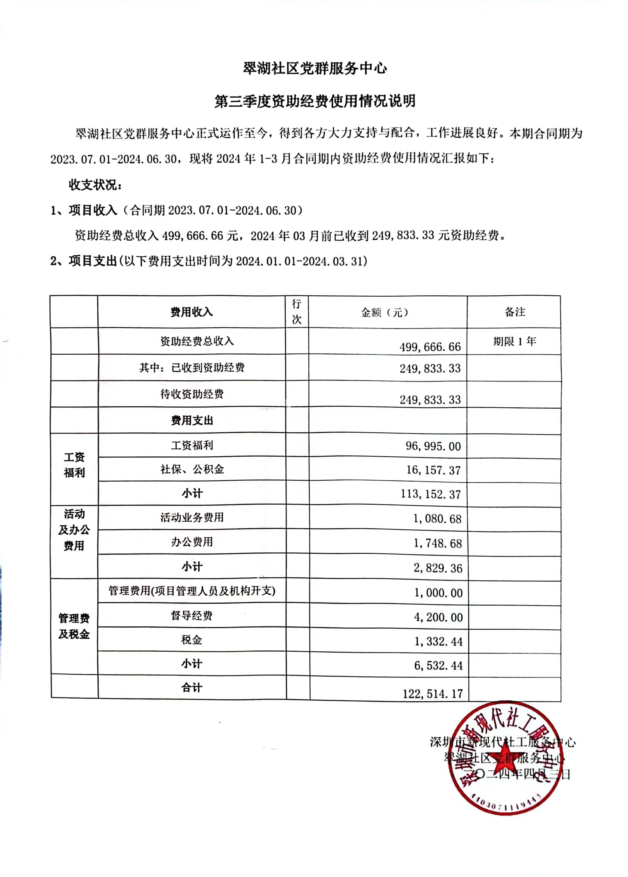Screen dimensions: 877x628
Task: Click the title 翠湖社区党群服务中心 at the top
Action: (x=315, y=69)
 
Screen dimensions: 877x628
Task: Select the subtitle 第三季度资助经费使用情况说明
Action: (x=315, y=101)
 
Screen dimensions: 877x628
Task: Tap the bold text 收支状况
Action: (x=95, y=185)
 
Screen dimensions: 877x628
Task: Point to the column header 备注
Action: (x=515, y=312)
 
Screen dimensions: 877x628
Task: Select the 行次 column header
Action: (x=296, y=312)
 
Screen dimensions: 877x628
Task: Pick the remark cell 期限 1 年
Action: (x=514, y=341)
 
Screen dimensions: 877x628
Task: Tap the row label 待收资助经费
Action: (x=192, y=394)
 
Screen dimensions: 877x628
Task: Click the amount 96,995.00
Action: (x=433, y=446)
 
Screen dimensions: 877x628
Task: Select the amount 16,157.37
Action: (x=433, y=470)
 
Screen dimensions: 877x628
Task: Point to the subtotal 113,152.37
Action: (x=430, y=494)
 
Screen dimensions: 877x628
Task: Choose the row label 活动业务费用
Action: (x=192, y=517)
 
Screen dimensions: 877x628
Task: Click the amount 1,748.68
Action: (x=438, y=543)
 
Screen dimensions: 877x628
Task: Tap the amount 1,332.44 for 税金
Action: (x=438, y=641)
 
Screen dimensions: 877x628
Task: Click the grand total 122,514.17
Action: (x=433, y=694)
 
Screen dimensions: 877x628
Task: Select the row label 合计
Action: (x=192, y=688)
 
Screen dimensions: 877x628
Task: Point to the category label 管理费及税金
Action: (x=74, y=626)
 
